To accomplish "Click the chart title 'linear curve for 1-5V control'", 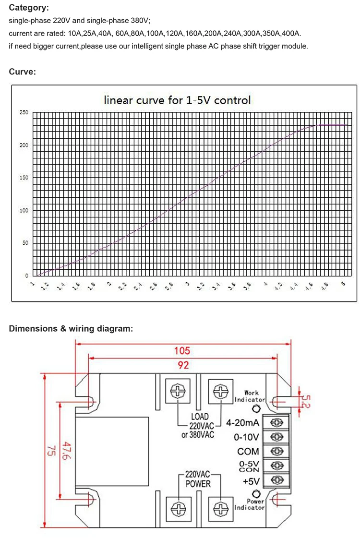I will tap(178, 100).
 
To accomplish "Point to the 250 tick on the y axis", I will tap(24, 112).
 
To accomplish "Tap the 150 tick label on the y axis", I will tap(24, 178).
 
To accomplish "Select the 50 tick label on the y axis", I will tap(24, 243).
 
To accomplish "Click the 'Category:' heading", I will tap(29, 8).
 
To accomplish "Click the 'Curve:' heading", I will tap(23, 72).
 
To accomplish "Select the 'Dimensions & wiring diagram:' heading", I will tap(71, 329).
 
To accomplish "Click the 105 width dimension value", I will tap(182, 351).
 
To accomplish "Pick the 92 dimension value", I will tap(183, 365).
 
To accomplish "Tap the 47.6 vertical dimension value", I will tap(65, 451).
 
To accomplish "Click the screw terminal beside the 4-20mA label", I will tap(276, 423).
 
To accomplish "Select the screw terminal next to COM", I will tap(276, 451).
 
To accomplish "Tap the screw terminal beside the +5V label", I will tap(276, 479).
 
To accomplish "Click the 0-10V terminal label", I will tap(246, 437).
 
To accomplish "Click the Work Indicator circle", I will tap(256, 409).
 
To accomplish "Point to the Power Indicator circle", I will tap(256, 493).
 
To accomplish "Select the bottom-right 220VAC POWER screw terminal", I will tap(220, 507).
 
